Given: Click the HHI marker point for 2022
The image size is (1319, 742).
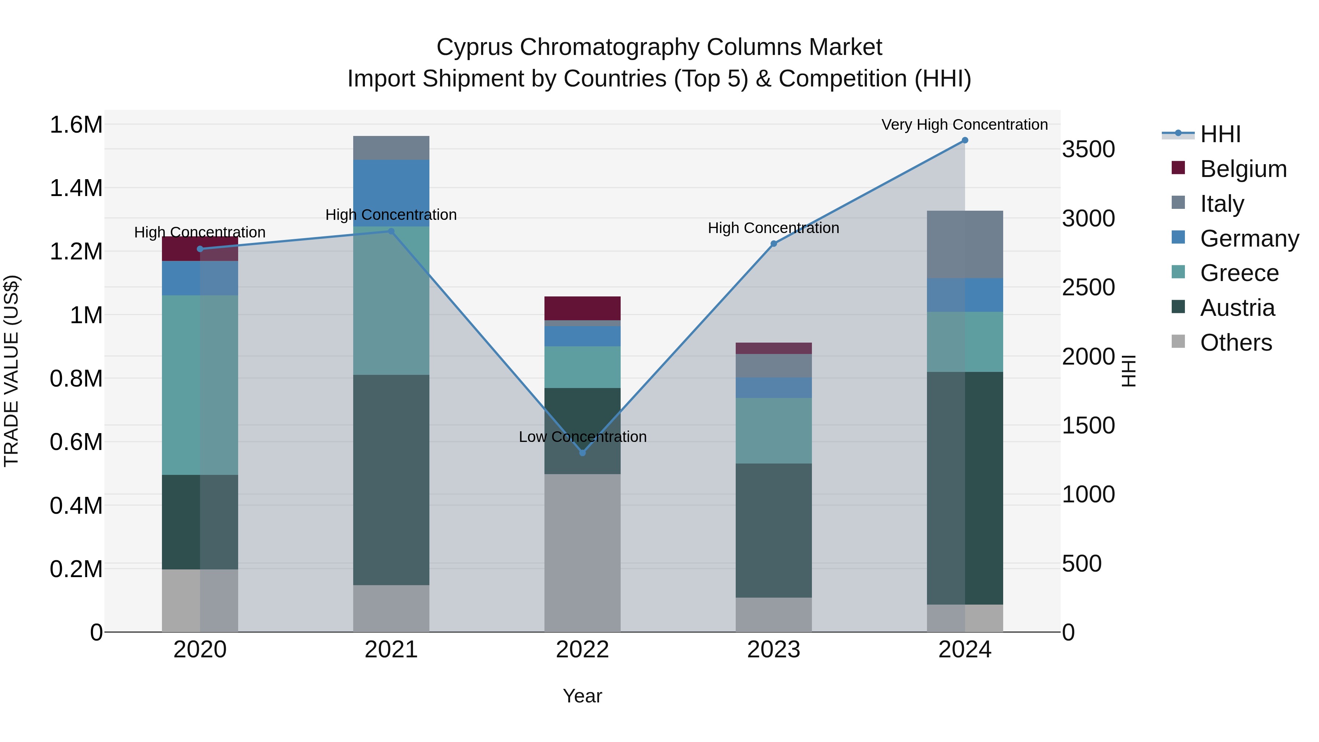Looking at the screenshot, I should (x=582, y=453).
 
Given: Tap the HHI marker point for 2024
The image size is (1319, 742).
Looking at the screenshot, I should (x=965, y=140).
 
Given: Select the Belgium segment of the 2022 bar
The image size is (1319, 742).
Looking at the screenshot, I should (x=582, y=308).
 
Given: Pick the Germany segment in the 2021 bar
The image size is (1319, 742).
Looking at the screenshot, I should (x=391, y=192).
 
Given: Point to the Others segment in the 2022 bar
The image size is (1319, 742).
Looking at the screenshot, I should (x=582, y=553).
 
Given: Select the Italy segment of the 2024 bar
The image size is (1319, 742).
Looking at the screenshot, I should (x=965, y=244).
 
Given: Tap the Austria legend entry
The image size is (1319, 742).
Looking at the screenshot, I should (x=1237, y=308).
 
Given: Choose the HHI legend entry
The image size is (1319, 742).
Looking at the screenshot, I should (x=1220, y=134).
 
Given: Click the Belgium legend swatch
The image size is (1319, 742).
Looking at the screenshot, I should (x=1178, y=168).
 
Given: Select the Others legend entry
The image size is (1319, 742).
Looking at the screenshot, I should (x=1235, y=343).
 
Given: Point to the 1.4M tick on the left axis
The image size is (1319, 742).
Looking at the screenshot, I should (x=76, y=188).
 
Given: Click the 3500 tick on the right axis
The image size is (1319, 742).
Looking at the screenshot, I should (x=1088, y=149).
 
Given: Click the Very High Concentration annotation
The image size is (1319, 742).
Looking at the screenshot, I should (x=964, y=125).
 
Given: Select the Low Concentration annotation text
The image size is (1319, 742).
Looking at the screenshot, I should (x=582, y=437).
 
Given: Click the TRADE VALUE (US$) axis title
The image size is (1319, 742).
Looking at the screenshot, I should (x=11, y=371).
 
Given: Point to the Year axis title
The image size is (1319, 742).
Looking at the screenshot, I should (x=582, y=696).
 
